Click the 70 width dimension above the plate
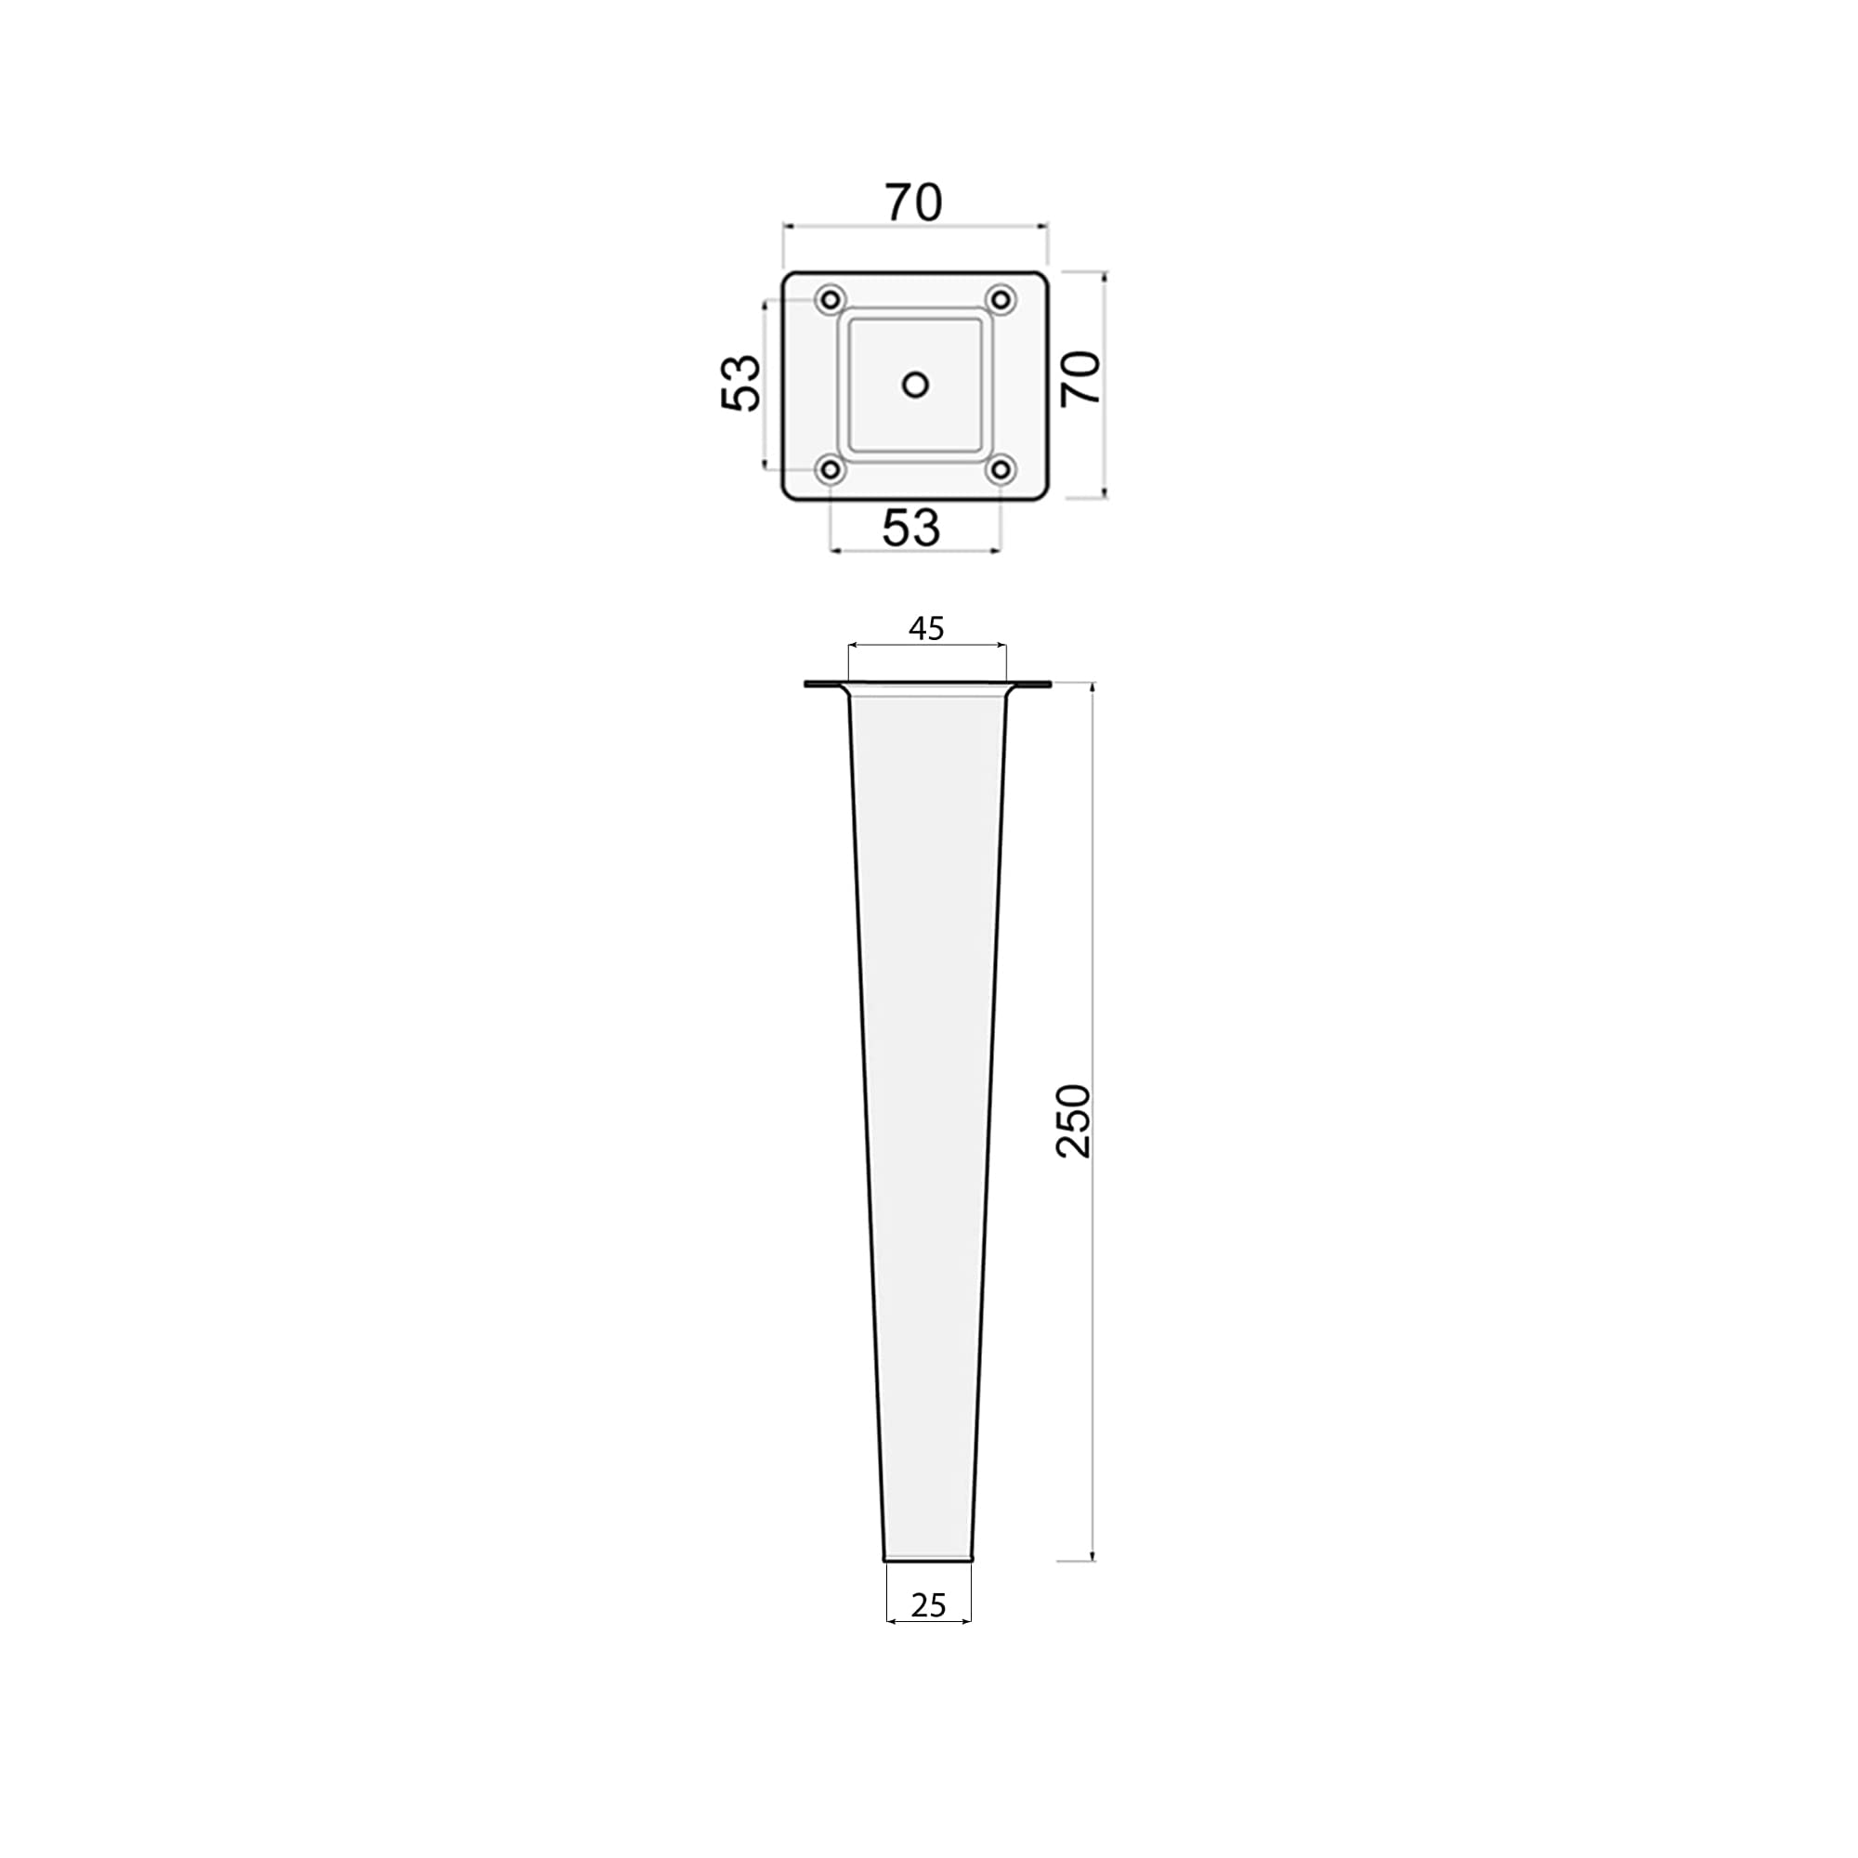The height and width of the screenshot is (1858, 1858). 913,203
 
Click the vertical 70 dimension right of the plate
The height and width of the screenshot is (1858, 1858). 1081,378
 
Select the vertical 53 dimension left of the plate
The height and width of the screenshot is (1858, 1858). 741,383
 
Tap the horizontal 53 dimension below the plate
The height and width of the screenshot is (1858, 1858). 910,528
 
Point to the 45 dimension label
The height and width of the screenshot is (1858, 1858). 926,629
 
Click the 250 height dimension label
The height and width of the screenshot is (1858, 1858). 1074,1121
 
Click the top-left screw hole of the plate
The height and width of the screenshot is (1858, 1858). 830,300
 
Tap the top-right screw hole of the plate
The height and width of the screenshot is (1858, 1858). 1001,300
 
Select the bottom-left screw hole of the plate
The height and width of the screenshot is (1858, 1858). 830,470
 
